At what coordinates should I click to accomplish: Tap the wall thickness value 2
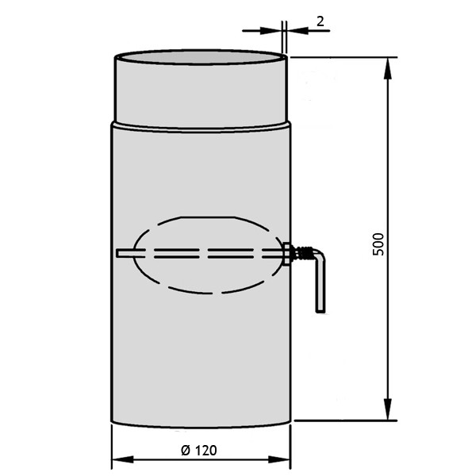(x=320, y=21)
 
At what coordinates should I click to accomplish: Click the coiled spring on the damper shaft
(x=301, y=253)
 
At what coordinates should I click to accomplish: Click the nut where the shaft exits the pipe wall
(x=287, y=253)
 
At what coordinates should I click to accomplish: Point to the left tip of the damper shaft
(x=118, y=254)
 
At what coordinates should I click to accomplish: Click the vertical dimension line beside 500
(x=388, y=159)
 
